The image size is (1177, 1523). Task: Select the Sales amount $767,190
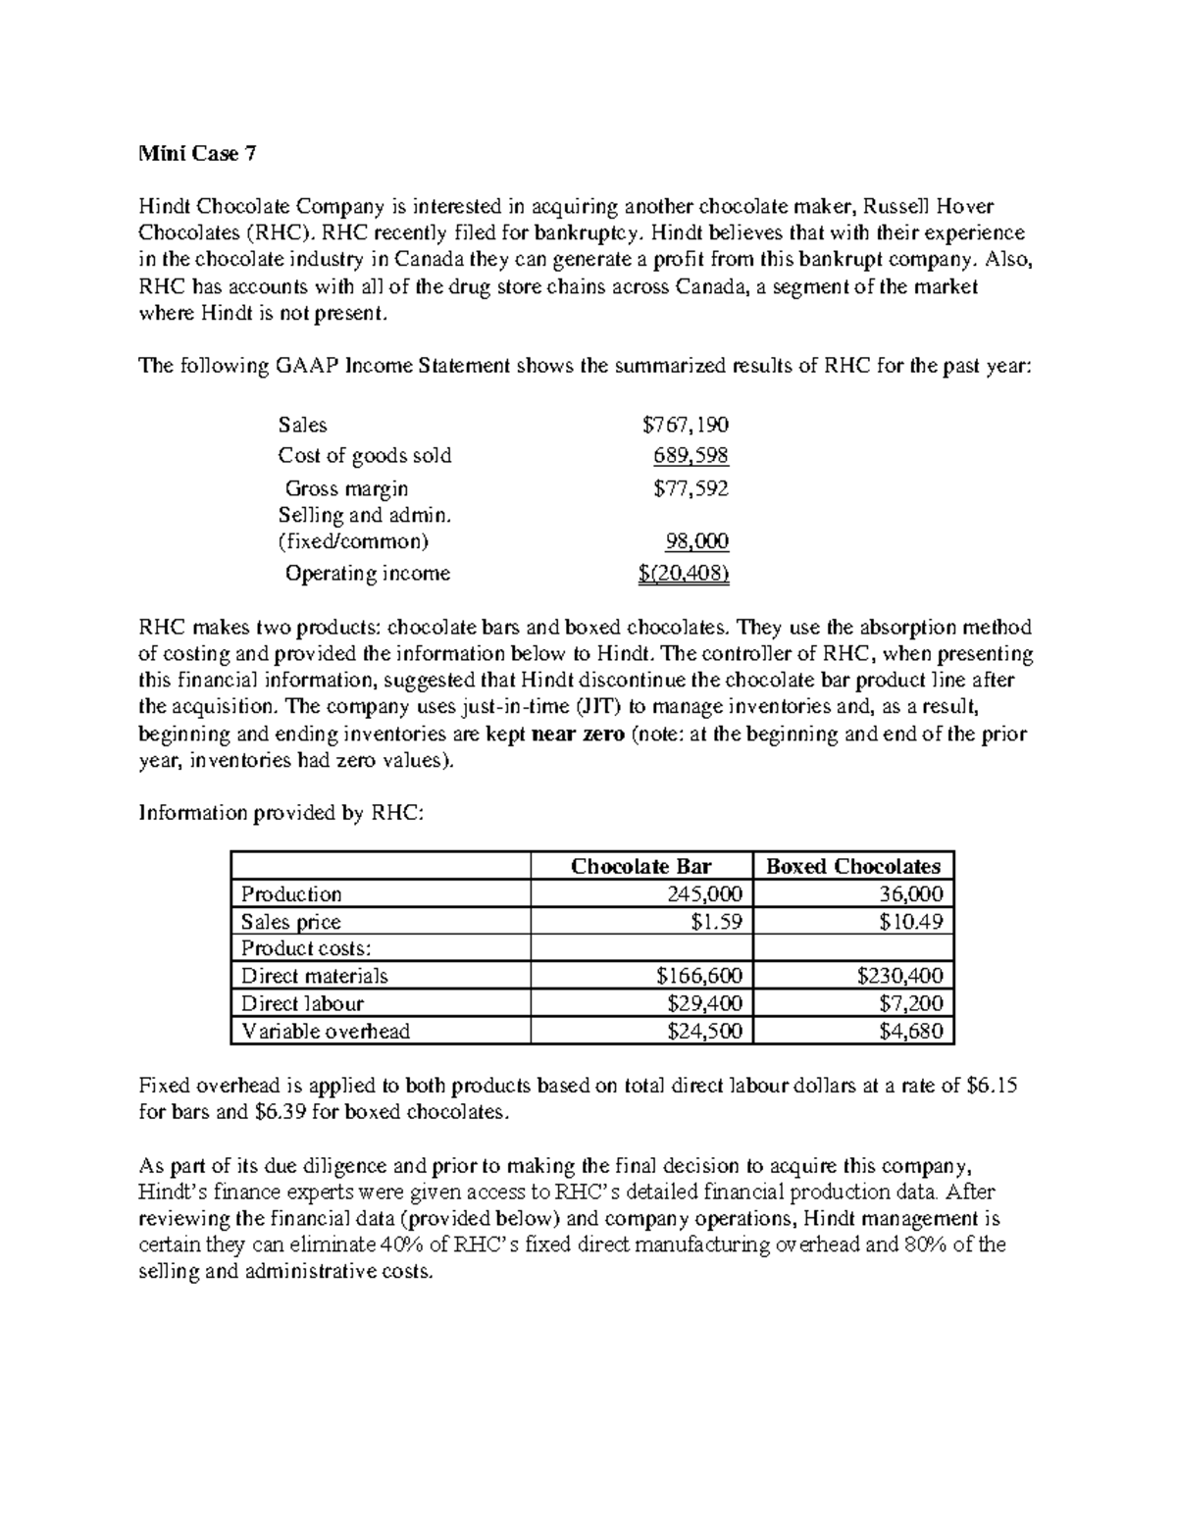coord(685,425)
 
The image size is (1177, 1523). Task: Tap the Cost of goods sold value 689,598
coord(691,456)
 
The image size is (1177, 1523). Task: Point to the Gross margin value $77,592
coord(691,488)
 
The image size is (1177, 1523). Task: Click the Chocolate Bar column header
coord(640,866)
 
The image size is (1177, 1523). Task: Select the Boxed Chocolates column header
coord(852,866)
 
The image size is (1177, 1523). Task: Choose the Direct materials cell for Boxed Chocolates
coord(899,976)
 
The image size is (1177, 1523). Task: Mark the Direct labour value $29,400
coord(703,1003)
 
